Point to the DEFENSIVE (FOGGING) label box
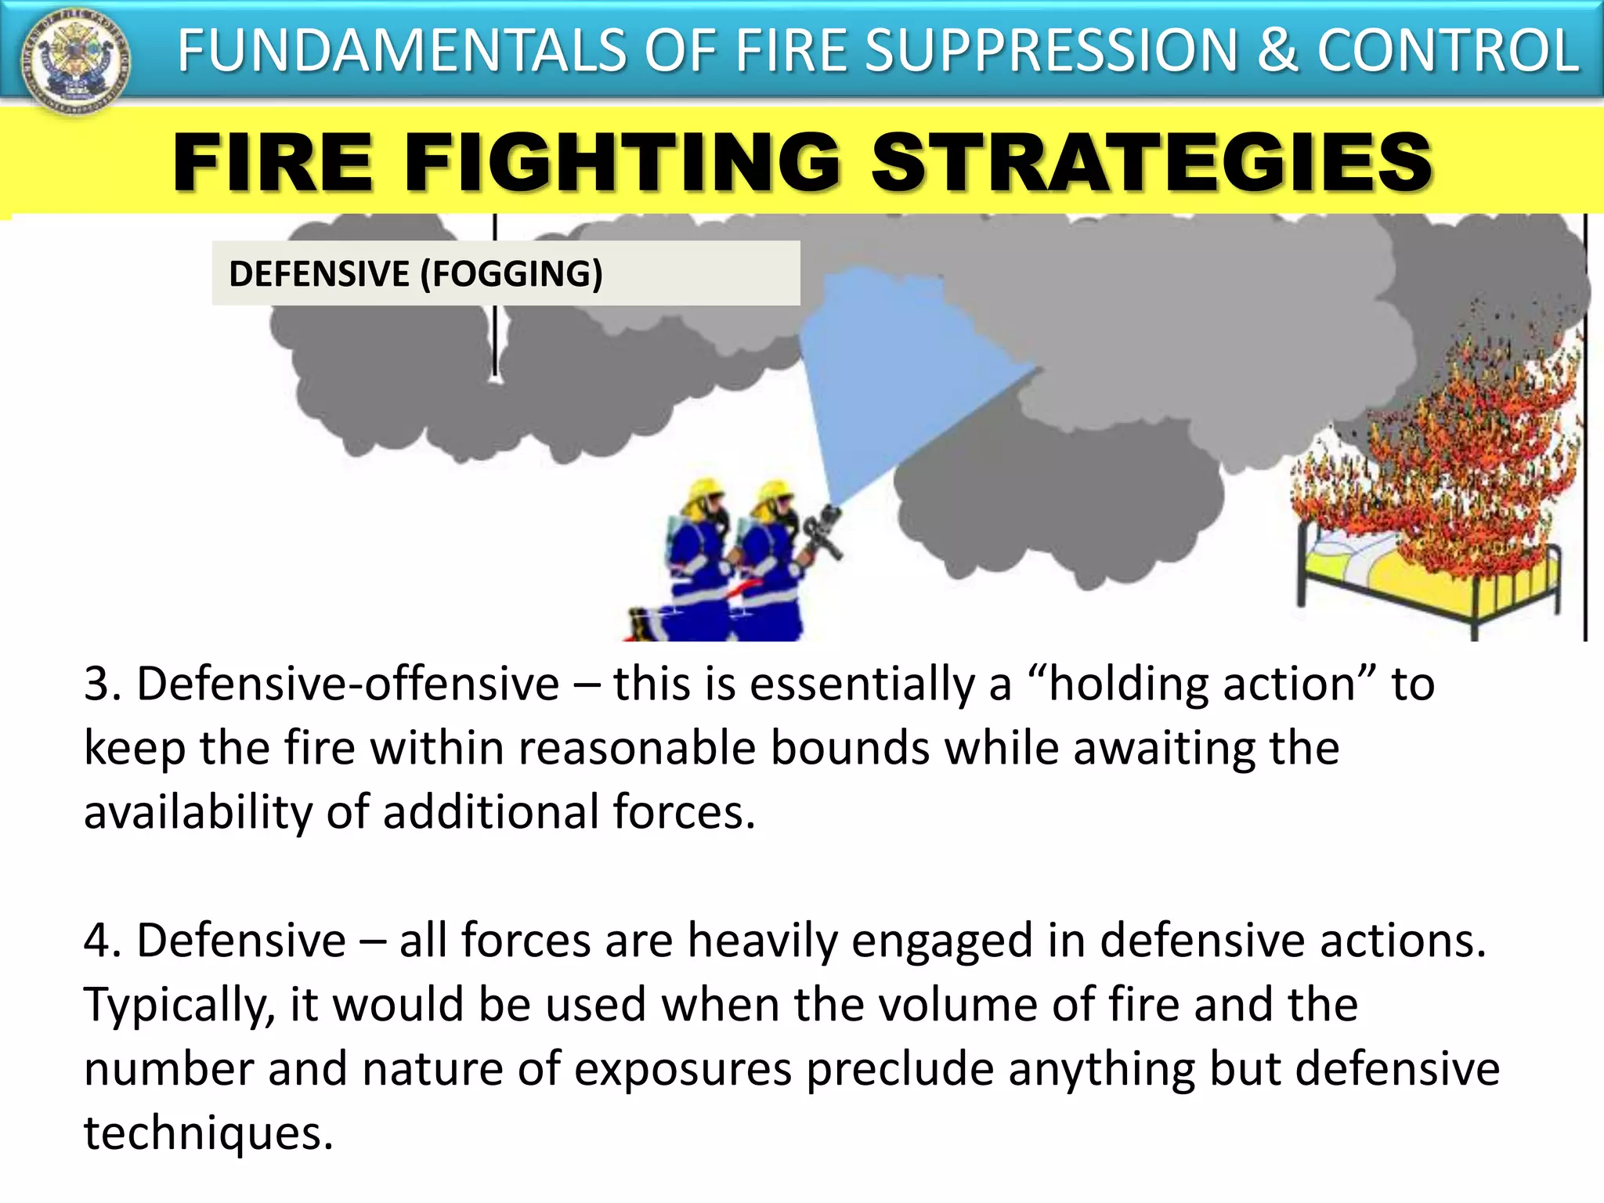pyautogui.click(x=505, y=273)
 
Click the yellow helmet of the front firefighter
pyautogui.click(x=775, y=492)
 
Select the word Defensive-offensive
pyautogui.click(x=348, y=684)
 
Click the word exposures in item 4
pyautogui.click(x=682, y=1070)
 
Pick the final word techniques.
pyautogui.click(x=208, y=1133)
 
